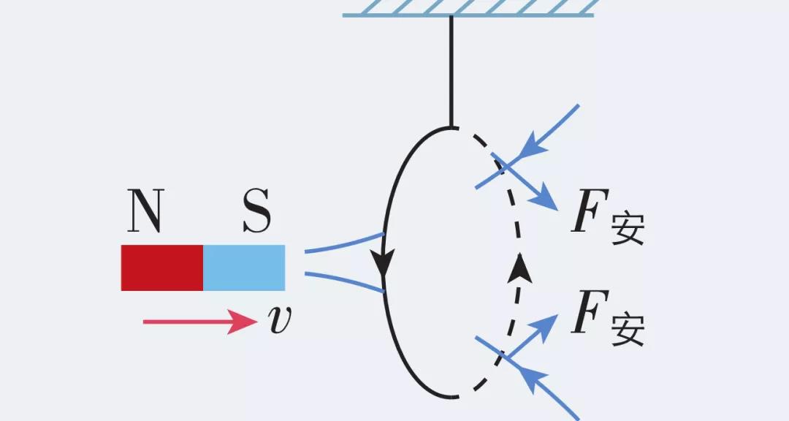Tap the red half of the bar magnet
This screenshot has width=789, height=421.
(162, 268)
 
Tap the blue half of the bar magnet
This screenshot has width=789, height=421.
(244, 268)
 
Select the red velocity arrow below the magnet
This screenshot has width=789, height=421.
(197, 321)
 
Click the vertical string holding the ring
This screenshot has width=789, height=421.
(451, 69)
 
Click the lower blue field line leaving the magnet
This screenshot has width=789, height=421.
(343, 282)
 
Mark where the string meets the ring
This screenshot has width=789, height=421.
(451, 128)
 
